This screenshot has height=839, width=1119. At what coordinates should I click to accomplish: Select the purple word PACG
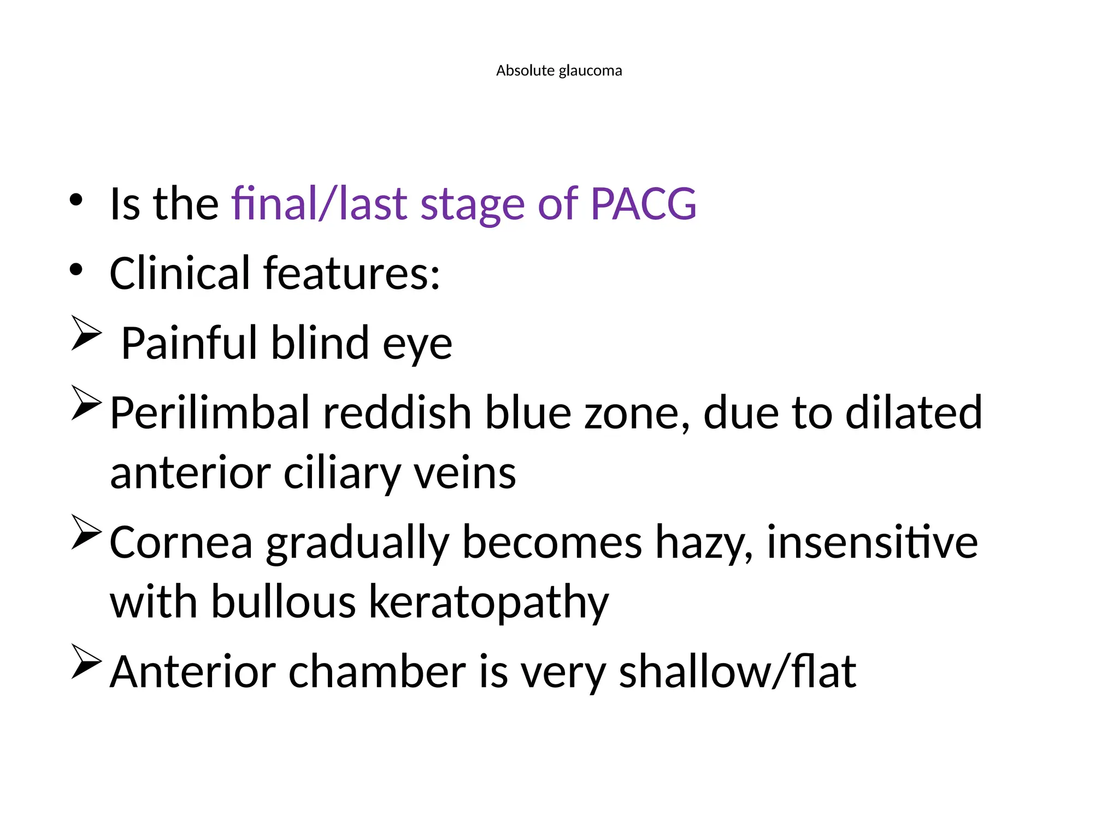[643, 204]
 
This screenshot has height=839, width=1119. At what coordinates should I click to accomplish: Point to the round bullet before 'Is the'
[76, 200]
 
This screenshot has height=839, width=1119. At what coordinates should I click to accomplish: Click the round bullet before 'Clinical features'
[76, 269]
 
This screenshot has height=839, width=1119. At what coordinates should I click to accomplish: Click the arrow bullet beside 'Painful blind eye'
[86, 333]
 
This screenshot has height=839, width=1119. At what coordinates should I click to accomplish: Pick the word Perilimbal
[209, 413]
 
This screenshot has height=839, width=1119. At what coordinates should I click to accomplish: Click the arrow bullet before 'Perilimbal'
[86, 403]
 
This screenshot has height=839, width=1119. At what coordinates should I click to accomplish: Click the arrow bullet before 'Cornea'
[86, 531]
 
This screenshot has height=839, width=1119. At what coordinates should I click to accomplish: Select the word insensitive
[872, 542]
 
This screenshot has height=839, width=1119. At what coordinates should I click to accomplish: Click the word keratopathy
[488, 603]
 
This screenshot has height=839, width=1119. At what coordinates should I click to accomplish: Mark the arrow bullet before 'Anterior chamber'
[86, 661]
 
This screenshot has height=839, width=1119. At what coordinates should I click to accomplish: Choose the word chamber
[377, 671]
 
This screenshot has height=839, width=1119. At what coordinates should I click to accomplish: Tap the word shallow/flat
[737, 671]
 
